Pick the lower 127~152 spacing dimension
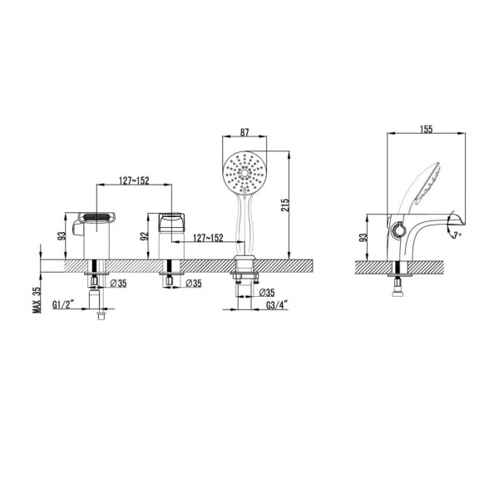click(208, 237)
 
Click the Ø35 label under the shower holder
click(266, 293)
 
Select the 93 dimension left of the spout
click(61, 235)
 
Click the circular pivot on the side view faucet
click(397, 229)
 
